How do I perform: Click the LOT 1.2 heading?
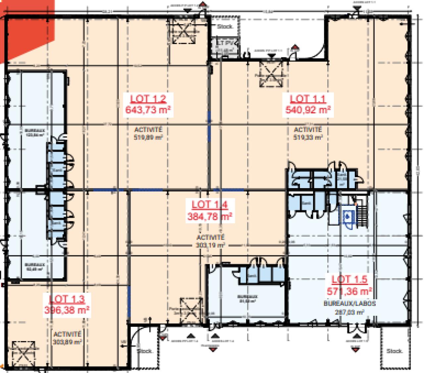[x=147, y=99]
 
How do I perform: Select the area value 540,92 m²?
[x=308, y=109]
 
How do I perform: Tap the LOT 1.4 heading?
[x=210, y=204]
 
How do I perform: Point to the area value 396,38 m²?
[x=67, y=310]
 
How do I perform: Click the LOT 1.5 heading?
[x=349, y=279]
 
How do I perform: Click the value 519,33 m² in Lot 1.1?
[x=308, y=137]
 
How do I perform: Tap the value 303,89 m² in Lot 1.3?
[x=67, y=342]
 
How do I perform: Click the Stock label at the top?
[x=225, y=27]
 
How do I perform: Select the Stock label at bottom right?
[x=394, y=351]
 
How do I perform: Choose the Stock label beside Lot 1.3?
[x=145, y=351]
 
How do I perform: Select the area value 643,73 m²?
[x=147, y=109]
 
